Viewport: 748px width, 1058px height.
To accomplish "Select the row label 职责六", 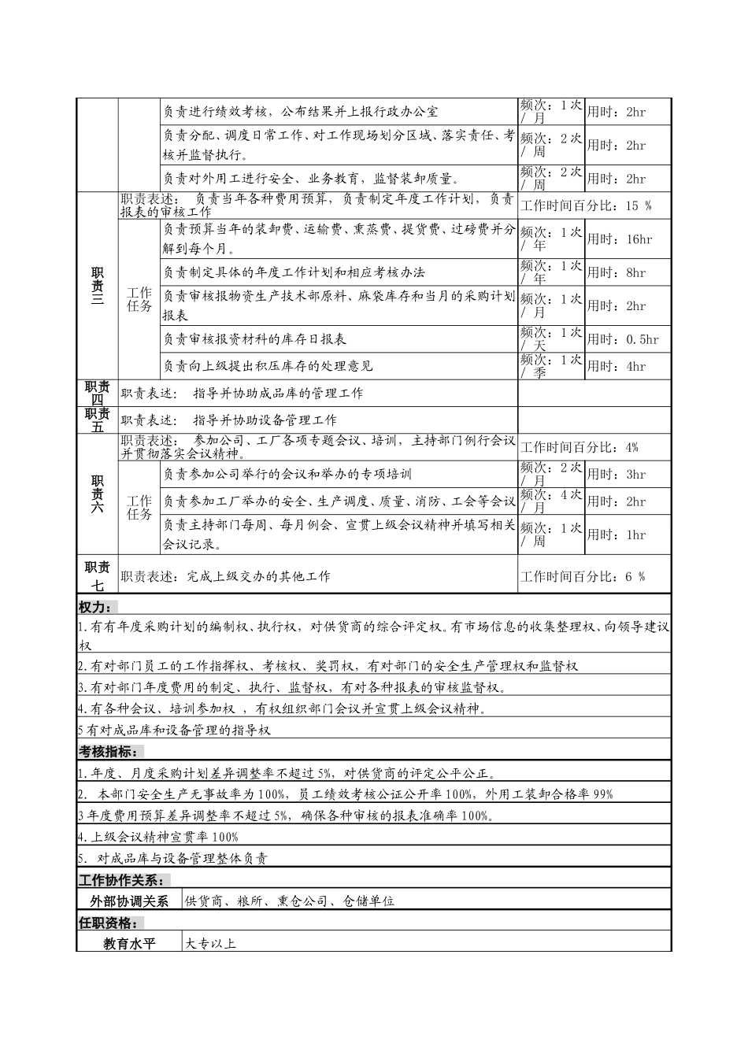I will [x=97, y=494].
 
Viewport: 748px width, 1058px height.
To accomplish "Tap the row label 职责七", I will [x=97, y=575].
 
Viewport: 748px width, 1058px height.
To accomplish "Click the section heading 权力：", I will [x=95, y=608].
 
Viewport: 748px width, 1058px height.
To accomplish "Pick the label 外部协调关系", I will [x=129, y=901].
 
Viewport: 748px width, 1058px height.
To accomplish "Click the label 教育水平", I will [x=129, y=943].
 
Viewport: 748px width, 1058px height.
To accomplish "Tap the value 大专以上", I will [x=210, y=943].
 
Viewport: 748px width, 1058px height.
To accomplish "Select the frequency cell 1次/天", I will [x=550, y=339].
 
